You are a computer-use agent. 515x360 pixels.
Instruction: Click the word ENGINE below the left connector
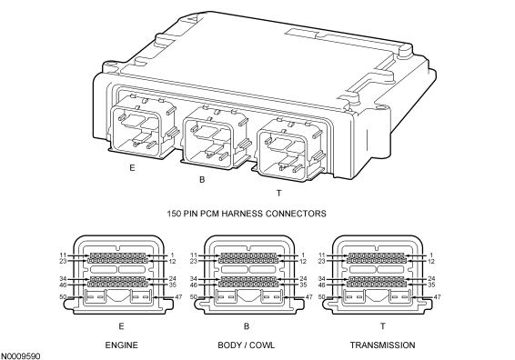coord(122,345)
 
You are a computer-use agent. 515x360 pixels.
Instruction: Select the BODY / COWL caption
coord(247,345)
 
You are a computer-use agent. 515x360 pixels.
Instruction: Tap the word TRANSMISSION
coord(382,345)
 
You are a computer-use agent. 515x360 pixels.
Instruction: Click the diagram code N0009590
coord(21,356)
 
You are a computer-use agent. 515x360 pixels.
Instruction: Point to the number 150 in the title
coord(174,214)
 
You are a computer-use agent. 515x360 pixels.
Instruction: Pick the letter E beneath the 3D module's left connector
coord(132,168)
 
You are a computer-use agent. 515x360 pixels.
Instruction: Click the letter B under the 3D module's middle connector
coord(202,180)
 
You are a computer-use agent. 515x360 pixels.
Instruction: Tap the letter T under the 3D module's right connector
coord(278,194)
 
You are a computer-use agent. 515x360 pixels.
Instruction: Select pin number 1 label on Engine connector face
coord(173,255)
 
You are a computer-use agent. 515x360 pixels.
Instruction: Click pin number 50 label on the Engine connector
coord(63,297)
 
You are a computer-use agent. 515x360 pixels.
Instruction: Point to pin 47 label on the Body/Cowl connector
coord(309,297)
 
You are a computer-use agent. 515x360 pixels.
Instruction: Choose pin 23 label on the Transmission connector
coord(321,261)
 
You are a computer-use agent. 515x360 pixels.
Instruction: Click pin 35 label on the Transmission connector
coord(431,285)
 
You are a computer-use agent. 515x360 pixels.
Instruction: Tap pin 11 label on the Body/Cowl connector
coord(194,255)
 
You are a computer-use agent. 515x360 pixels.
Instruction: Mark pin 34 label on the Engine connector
coord(63,279)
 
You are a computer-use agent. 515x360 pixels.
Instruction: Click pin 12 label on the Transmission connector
coord(431,261)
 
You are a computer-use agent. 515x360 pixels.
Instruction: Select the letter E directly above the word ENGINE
coord(122,326)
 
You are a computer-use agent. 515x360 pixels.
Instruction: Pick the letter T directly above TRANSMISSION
coord(383,326)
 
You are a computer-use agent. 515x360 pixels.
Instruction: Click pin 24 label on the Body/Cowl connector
coord(303,279)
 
